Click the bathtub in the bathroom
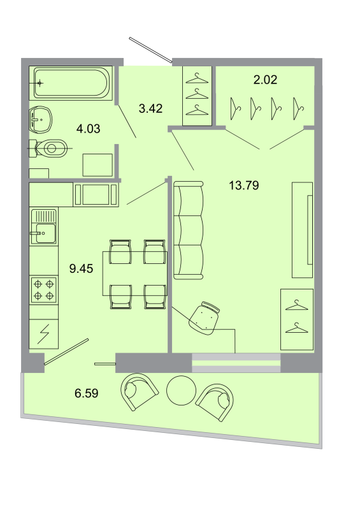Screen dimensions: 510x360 point(71,82)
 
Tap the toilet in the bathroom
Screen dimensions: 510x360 point(50,149)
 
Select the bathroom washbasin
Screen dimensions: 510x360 point(43,117)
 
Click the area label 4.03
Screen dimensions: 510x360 point(88,129)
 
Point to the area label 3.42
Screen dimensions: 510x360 point(151,108)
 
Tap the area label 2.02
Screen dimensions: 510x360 point(265,80)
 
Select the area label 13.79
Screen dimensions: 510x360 point(245,186)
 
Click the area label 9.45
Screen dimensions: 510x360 point(81,268)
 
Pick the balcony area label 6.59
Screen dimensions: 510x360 point(86,393)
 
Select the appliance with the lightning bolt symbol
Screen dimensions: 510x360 point(43,332)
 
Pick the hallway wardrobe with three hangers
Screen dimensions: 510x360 point(198,96)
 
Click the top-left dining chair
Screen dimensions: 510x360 point(120,252)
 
